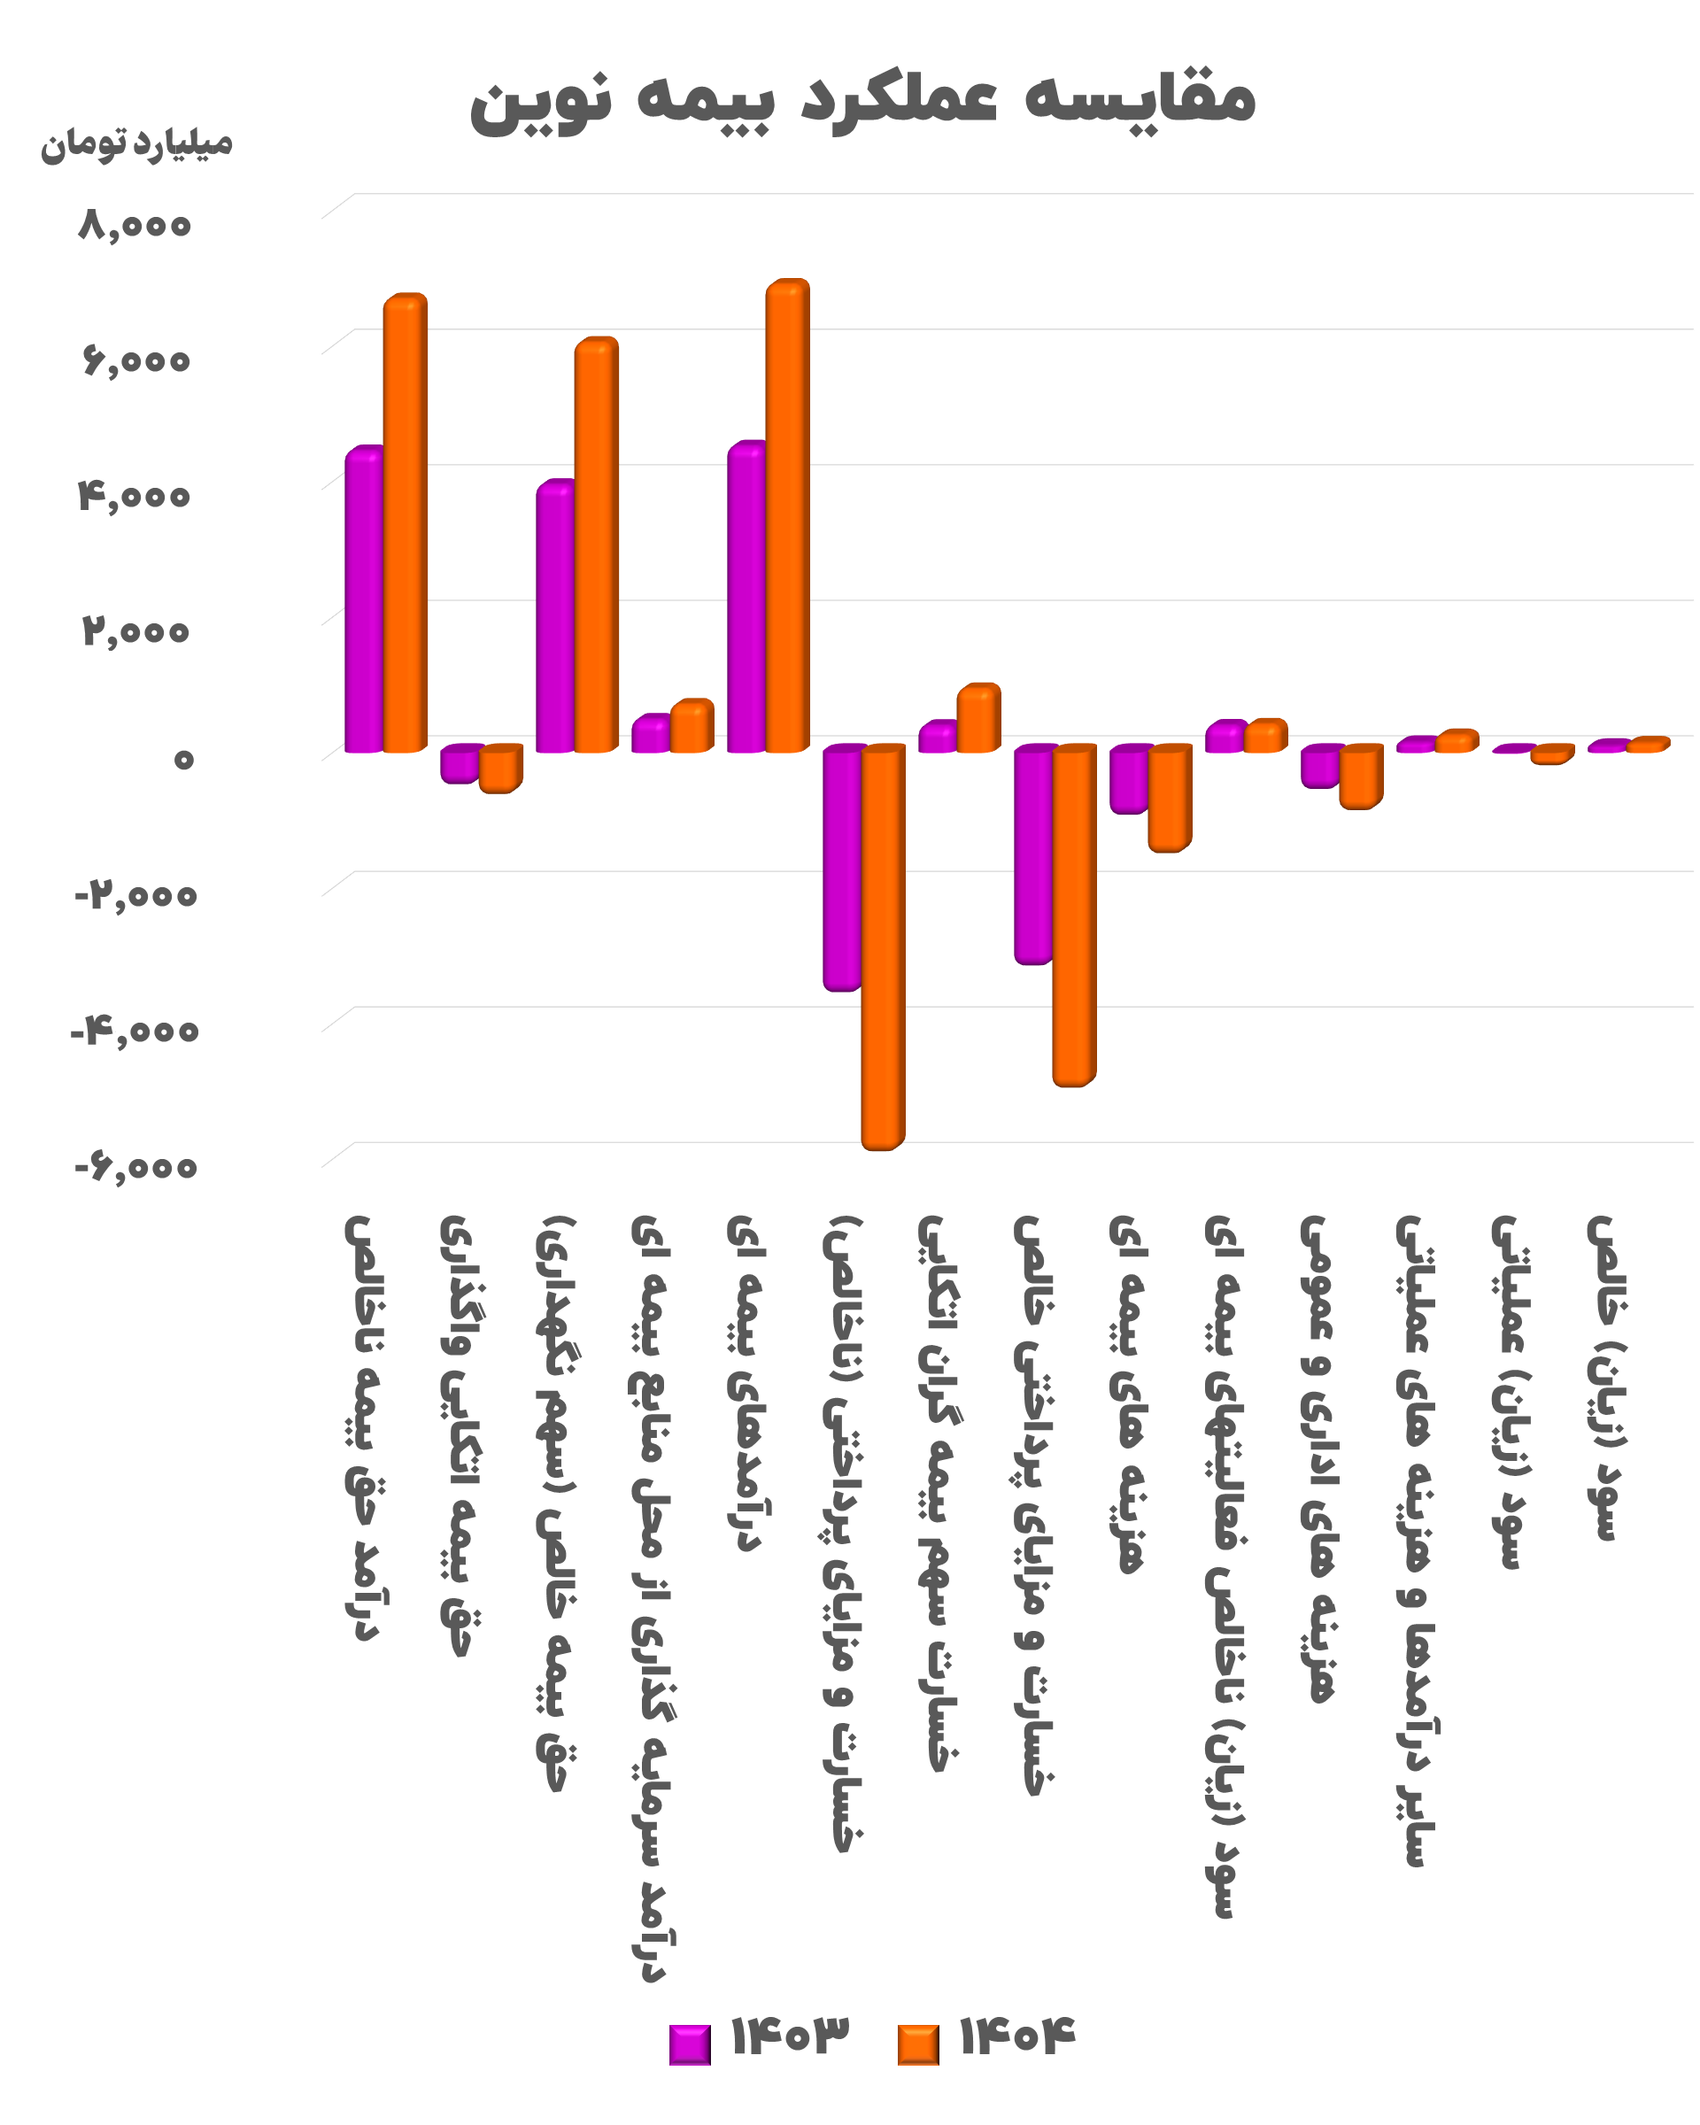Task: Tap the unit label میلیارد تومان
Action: click(136, 144)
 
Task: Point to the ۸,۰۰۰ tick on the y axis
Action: click(135, 225)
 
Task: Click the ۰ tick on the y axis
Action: click(183, 759)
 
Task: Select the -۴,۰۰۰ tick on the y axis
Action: click(135, 1032)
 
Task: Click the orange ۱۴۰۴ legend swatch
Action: click(918, 2044)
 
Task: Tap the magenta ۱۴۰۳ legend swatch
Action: click(690, 2044)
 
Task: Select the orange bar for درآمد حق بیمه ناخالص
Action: click(405, 523)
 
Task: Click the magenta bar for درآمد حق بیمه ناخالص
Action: click(364, 599)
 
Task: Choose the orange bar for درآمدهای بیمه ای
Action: click(787, 515)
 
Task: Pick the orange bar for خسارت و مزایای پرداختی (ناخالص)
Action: click(883, 947)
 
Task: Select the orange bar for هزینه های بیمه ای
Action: click(1170, 799)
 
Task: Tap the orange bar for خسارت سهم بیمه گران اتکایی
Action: click(978, 717)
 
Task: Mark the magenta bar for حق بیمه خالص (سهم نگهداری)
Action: click(555, 616)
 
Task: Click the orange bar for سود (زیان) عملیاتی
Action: click(1552, 754)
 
